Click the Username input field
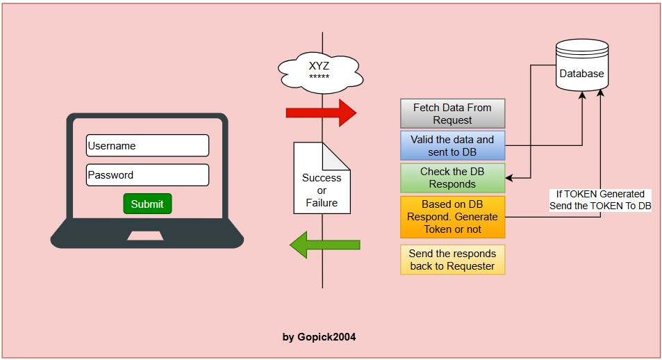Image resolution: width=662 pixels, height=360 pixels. coord(147,146)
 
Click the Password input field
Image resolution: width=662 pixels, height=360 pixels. coord(147,175)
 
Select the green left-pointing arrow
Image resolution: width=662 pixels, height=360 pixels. coord(324,245)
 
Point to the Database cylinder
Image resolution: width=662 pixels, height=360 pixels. coord(582,67)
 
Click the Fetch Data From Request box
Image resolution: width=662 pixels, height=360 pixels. coord(452,113)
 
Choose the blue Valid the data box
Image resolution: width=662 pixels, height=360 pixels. coord(452,145)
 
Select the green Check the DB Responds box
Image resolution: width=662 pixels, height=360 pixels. coord(452,178)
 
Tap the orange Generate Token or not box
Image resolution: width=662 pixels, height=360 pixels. coord(452,217)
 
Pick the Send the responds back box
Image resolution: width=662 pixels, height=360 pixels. coord(452,259)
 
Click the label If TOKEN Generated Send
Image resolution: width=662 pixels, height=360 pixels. coord(600,200)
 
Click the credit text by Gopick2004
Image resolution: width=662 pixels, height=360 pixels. coord(319,337)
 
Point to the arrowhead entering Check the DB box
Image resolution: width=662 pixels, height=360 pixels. coord(509,179)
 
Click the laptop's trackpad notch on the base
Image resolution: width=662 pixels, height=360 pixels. coord(147,236)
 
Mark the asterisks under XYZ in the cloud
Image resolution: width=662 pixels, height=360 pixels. coord(319,76)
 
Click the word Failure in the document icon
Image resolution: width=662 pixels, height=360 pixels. coord(322,203)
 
